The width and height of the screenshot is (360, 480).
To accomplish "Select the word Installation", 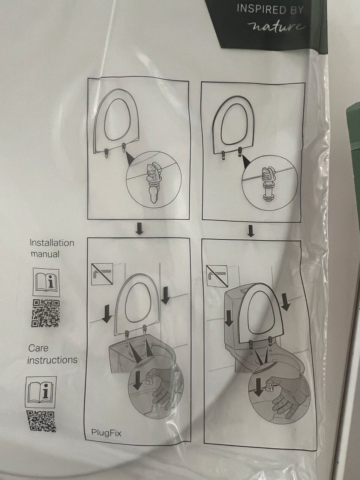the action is point(52,243).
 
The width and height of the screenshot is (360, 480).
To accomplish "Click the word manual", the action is point(45,254).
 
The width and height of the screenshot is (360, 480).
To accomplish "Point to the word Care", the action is point(38,348).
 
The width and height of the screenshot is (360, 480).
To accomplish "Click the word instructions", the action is point(52,360).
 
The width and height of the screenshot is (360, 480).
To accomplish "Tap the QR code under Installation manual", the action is point(46,313).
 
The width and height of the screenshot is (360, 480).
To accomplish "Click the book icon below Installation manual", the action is point(46,282).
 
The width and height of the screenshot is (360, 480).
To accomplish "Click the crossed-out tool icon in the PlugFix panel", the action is point(102,274).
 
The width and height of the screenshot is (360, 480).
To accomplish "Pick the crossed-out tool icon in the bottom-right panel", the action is point(217,276).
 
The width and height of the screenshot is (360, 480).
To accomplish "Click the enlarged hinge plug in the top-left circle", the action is point(154,181).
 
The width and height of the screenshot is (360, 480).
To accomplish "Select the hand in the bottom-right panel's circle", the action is point(288,391).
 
